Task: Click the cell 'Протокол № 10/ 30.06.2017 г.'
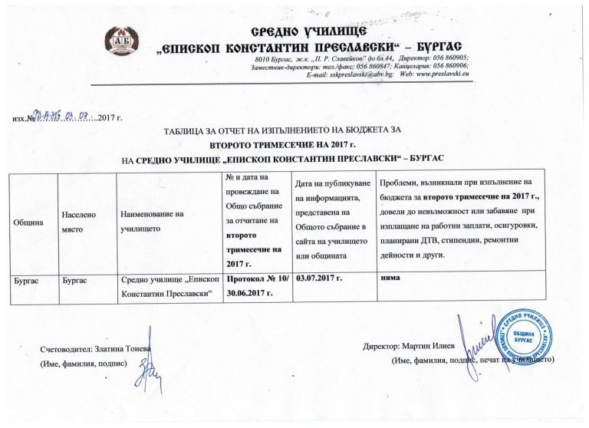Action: click(x=255, y=288)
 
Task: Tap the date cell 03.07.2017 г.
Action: click(x=320, y=282)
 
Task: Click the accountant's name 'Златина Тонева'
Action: click(x=124, y=349)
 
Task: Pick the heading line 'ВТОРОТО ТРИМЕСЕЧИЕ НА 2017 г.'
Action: click(x=284, y=144)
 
